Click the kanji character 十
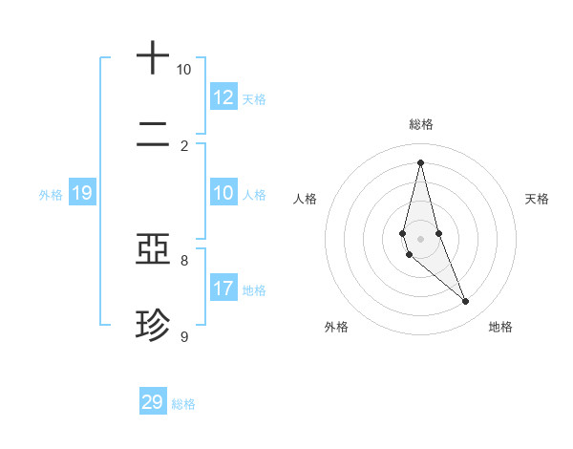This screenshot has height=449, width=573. click(153, 58)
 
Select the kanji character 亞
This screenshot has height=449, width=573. click(153, 251)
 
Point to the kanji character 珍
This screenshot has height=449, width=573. click(153, 326)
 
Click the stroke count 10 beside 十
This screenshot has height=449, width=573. click(183, 70)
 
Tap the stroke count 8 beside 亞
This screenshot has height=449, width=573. click(184, 260)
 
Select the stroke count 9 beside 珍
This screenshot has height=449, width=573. click(184, 336)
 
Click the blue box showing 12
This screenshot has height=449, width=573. click(223, 97)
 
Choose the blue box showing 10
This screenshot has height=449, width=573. click(223, 193)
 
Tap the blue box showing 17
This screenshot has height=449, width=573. click(223, 289)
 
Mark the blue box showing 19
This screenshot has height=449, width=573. click(82, 193)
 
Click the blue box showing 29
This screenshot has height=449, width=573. click(153, 402)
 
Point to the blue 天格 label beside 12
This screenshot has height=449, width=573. click(254, 99)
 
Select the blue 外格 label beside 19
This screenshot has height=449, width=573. click(51, 195)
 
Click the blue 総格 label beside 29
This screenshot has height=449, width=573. click(183, 404)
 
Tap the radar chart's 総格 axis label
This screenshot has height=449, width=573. click(421, 124)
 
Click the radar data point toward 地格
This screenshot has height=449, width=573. click(466, 302)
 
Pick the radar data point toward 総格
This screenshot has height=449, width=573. click(421, 161)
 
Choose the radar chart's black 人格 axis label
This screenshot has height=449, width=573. click(305, 199)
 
